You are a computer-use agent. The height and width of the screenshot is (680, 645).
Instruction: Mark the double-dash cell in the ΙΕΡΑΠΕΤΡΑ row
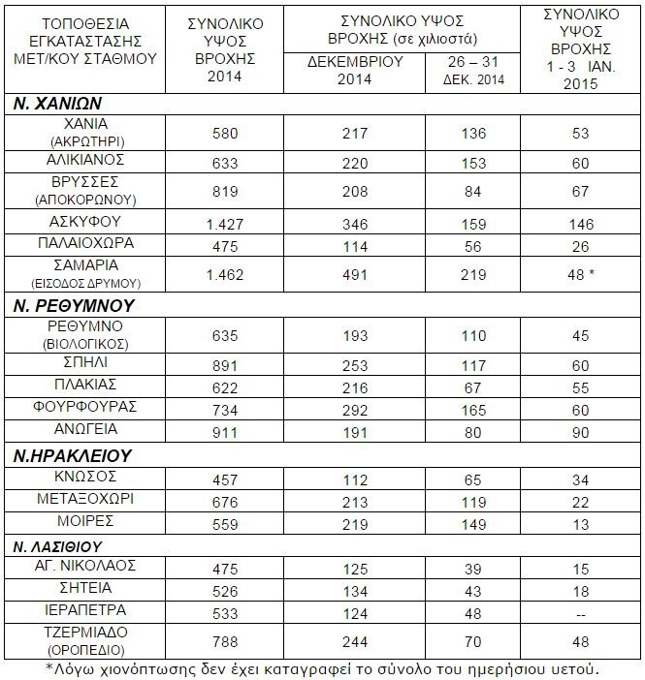click(580, 613)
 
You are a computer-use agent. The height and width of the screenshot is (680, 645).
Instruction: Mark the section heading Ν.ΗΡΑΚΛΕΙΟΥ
click(73, 455)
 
